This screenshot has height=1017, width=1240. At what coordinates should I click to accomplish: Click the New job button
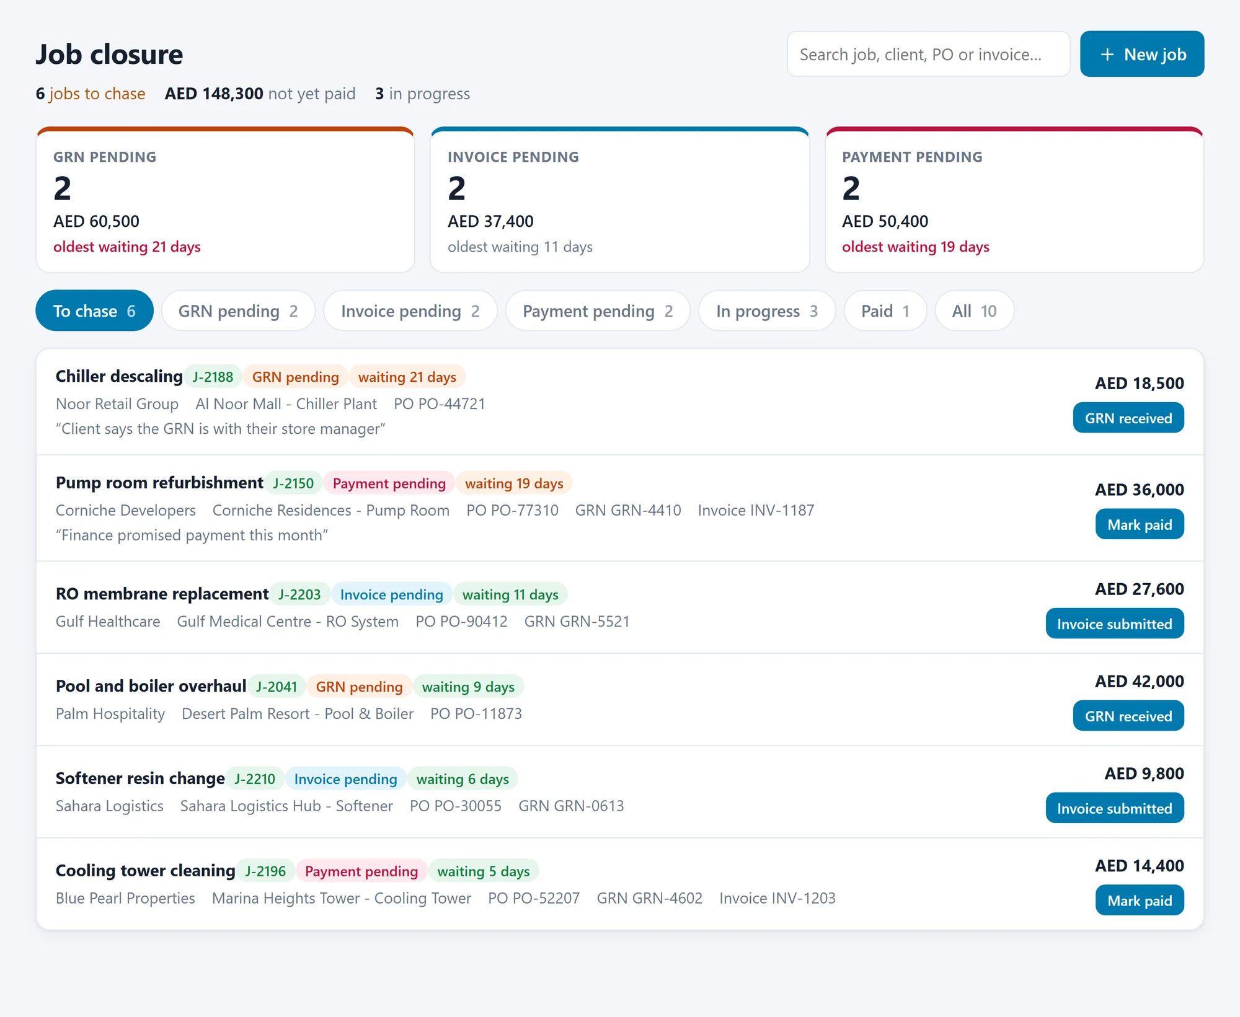click(x=1142, y=54)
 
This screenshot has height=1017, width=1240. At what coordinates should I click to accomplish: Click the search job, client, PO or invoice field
click(x=928, y=54)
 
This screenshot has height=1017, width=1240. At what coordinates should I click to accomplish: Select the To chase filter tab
click(x=94, y=310)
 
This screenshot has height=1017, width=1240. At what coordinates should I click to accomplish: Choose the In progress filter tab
click(x=767, y=310)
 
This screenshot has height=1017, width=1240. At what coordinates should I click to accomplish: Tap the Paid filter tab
click(x=885, y=310)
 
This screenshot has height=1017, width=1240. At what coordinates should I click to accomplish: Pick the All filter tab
click(x=975, y=310)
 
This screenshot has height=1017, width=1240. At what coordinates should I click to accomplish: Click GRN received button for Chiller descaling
click(x=1128, y=418)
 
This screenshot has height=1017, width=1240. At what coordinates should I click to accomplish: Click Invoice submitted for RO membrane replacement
click(x=1115, y=623)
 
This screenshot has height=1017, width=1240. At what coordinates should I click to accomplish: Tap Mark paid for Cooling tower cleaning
click(x=1140, y=900)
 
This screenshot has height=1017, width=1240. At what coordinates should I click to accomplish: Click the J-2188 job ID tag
click(x=213, y=377)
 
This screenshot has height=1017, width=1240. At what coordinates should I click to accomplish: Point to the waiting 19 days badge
click(x=514, y=483)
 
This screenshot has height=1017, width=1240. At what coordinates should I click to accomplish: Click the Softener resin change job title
click(x=140, y=778)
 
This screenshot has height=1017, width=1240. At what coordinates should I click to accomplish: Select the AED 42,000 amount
click(x=1140, y=681)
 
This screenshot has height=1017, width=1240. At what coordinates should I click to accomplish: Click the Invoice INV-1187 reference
click(x=756, y=510)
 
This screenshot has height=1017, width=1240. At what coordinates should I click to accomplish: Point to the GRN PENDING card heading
click(x=105, y=157)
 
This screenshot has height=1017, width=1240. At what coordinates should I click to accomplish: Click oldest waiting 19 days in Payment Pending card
click(x=916, y=247)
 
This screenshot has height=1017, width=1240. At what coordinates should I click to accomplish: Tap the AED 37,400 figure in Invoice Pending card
click(x=490, y=221)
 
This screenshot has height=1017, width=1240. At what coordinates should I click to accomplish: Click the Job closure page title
click(x=109, y=55)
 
